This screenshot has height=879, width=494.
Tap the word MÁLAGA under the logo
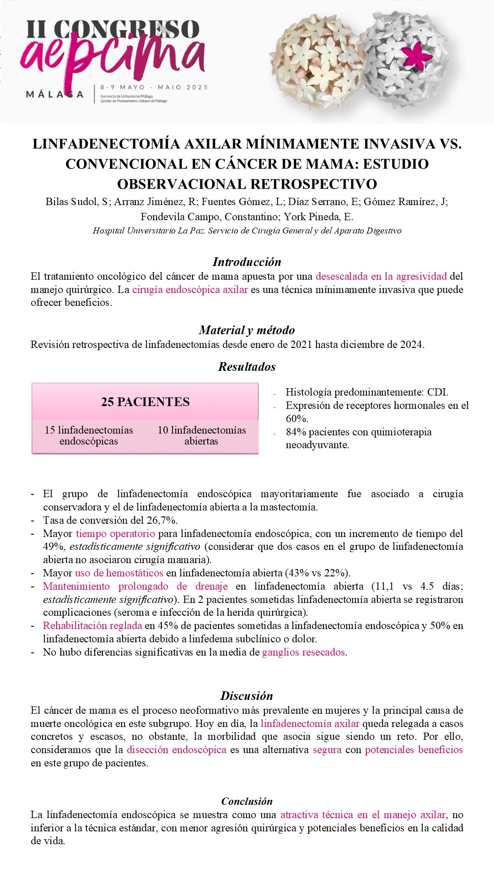[54, 94]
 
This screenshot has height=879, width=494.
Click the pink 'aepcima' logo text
[112, 57]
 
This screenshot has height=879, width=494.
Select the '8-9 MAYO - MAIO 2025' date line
[154, 87]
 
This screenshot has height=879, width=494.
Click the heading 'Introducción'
[247, 262]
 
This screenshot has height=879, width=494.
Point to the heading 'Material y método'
[247, 330]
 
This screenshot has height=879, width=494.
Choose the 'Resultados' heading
[247, 367]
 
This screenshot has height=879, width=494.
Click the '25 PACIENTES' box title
[145, 402]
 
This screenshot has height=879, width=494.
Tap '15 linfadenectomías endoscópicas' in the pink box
[89, 435]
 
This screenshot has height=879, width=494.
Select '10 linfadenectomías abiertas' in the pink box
[201, 435]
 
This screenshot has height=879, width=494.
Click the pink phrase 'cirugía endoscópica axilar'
[190, 289]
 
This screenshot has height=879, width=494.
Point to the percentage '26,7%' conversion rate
[162, 520]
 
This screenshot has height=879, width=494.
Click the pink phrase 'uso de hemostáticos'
[119, 573]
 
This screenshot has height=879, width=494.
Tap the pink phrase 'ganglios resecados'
[303, 652]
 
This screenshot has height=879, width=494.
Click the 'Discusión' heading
[247, 696]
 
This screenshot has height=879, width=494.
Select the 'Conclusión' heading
[247, 801]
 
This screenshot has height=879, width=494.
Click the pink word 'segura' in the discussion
[327, 749]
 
